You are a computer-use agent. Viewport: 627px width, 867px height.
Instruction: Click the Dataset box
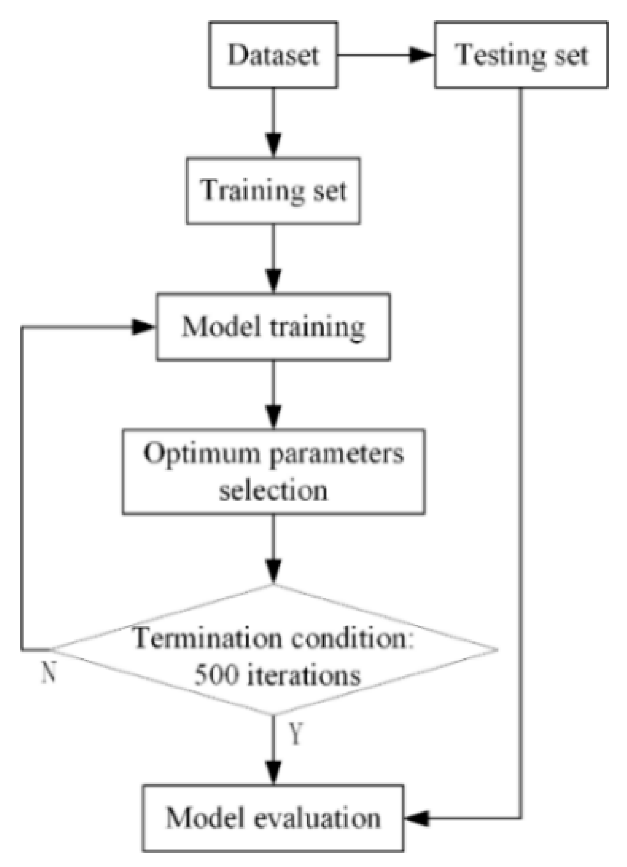(x=273, y=55)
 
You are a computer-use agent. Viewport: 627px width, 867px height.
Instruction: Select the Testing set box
(x=521, y=55)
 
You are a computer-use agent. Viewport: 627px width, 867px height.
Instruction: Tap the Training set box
(x=273, y=190)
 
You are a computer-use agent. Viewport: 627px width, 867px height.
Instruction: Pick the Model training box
(x=273, y=326)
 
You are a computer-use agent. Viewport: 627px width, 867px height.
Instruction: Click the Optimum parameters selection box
(x=273, y=471)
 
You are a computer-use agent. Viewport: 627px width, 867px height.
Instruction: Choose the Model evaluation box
(x=273, y=818)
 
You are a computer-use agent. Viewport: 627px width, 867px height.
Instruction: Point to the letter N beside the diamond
(x=48, y=672)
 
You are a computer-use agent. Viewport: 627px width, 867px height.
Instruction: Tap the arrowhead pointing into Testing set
(x=422, y=55)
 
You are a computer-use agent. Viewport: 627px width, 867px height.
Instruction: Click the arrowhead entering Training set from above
(x=273, y=146)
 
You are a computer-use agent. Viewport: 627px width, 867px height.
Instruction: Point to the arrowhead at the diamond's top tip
(x=273, y=573)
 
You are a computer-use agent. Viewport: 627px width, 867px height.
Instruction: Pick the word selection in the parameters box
(x=273, y=490)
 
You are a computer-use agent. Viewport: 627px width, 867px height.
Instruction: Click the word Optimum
(x=194, y=454)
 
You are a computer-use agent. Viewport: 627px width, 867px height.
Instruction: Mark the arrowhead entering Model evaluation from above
(x=273, y=774)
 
